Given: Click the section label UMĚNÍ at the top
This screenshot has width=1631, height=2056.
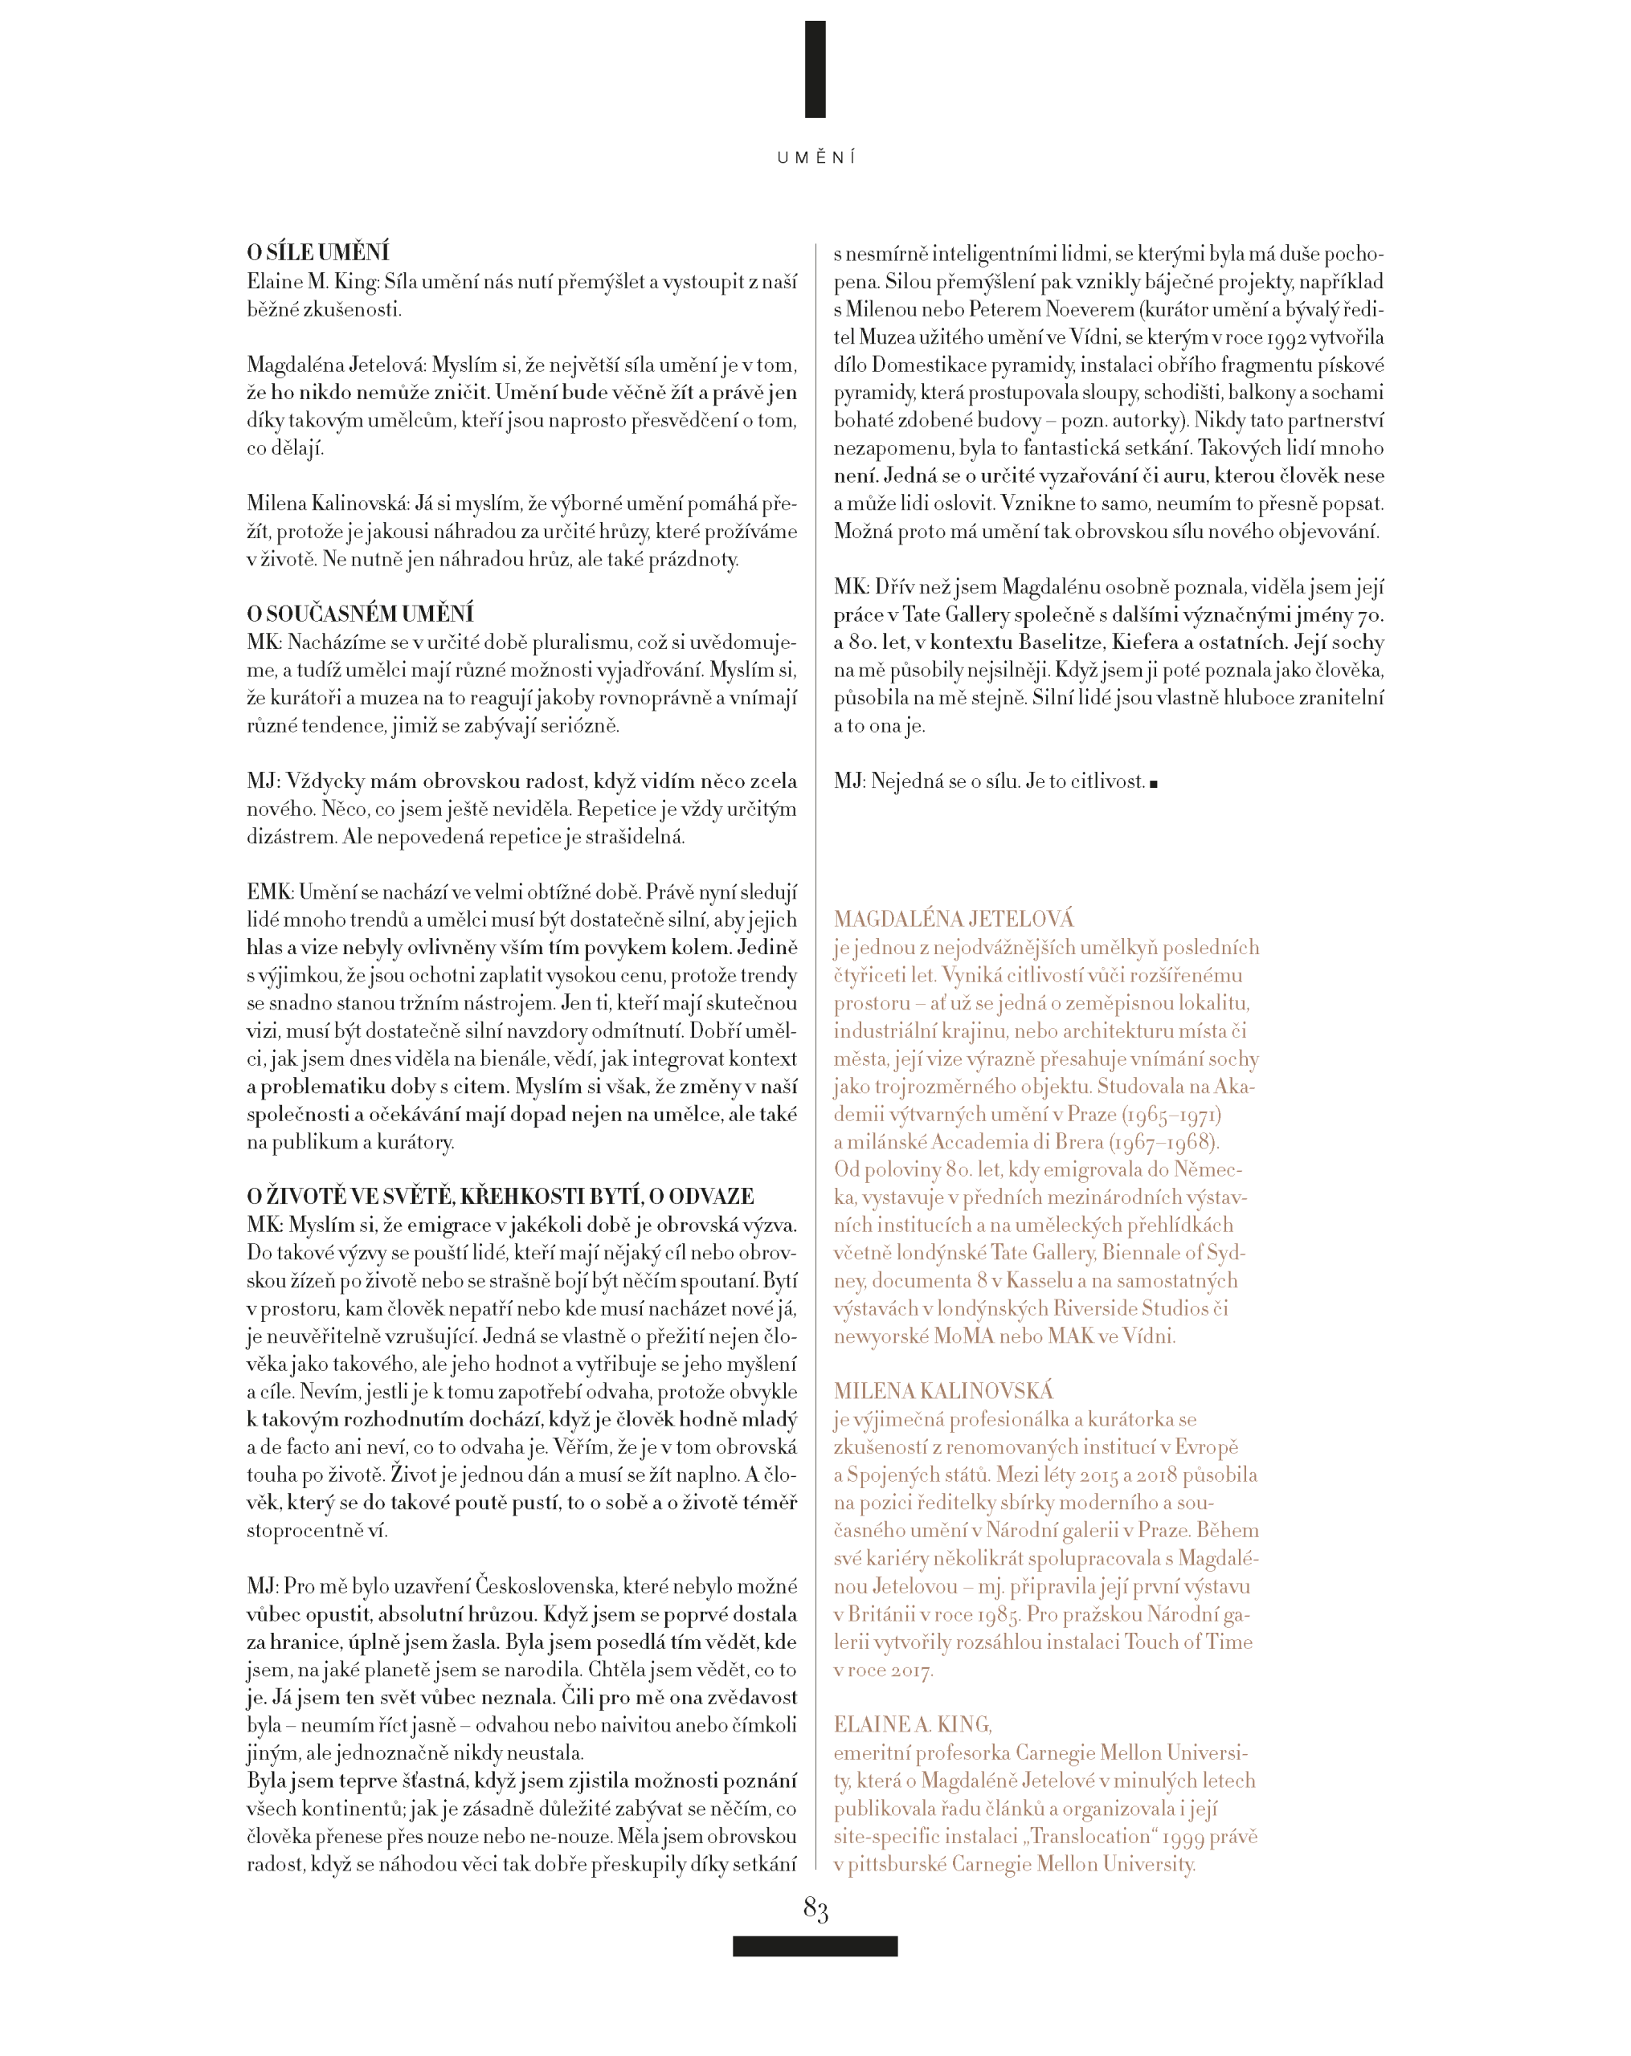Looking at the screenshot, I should coord(815,157).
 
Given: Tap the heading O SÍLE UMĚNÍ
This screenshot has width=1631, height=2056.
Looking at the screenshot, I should coord(317,253).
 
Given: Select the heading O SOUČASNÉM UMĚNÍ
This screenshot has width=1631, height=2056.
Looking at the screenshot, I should coord(360,613).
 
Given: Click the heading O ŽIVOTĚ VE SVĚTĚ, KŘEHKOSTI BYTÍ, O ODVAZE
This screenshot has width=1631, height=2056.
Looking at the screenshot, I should coord(500,1196).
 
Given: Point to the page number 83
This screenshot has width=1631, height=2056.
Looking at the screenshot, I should coord(815,1908).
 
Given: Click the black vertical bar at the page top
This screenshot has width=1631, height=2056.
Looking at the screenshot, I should coord(815,70).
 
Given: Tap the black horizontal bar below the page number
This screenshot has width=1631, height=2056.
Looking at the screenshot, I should coord(815,1945).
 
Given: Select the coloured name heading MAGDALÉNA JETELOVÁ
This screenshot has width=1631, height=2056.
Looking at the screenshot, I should coord(953,918).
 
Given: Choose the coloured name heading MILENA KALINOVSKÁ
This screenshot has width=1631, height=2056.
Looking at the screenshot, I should coord(942,1390).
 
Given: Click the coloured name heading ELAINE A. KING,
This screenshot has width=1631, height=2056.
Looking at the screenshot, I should coord(912,1724).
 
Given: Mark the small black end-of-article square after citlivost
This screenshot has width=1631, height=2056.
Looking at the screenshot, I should coord(1153,784).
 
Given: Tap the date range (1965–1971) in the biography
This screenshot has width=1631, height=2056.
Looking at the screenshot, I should coord(1171,1113).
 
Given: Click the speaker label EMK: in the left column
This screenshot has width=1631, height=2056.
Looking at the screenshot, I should coord(270,891).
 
